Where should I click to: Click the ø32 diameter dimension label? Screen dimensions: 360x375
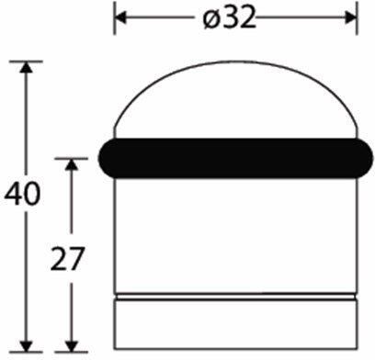tap(234, 17)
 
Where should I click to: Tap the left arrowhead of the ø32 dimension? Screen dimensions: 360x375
tap(120, 17)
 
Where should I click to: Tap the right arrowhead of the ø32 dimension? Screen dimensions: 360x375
tap(350, 17)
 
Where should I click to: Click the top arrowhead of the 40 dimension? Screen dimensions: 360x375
tap(27, 66)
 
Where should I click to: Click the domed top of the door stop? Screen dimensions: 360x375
tap(235, 101)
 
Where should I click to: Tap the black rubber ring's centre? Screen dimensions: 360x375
tap(235, 157)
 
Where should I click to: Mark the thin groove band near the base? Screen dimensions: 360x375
tap(235, 298)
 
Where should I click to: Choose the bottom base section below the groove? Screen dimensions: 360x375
tap(235, 326)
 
